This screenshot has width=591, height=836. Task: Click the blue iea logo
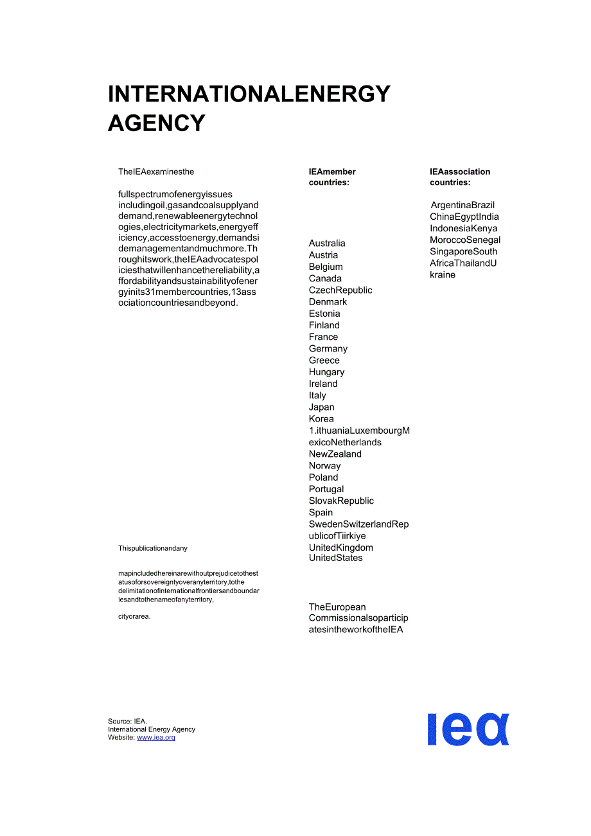[468, 729]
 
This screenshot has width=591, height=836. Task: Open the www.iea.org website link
[156, 738]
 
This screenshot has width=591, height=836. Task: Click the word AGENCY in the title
[157, 123]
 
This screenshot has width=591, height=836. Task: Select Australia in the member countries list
[327, 244]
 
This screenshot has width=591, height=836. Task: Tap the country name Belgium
[326, 267]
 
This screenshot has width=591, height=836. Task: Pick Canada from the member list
[325, 278]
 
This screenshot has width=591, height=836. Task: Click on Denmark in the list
[328, 302]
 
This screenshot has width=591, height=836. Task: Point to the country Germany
[328, 349]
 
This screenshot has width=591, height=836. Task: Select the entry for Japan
[321, 407]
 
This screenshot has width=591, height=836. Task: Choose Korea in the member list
[321, 419]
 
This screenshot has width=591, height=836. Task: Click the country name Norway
[324, 466]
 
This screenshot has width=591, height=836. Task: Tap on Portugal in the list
[326, 489]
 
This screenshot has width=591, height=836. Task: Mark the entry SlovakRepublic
[341, 501]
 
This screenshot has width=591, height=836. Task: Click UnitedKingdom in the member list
[340, 547]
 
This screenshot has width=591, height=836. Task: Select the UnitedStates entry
[335, 558]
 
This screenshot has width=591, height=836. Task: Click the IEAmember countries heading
[332, 177]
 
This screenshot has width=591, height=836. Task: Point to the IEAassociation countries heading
[460, 177]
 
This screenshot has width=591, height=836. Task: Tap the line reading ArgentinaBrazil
[463, 205]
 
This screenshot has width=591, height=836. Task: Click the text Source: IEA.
[127, 722]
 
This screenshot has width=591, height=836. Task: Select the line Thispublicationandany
[153, 548]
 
